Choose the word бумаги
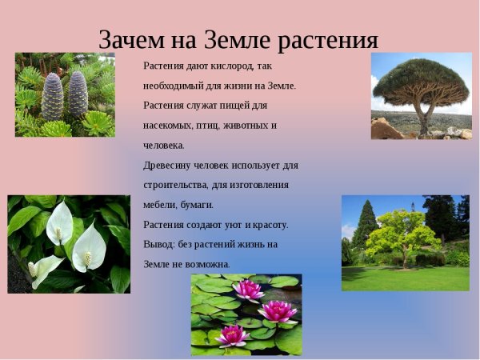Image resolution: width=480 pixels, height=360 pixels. tap(195, 205)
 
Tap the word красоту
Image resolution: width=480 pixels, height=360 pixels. tap(269, 225)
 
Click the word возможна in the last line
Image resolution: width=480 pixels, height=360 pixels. tap(207, 264)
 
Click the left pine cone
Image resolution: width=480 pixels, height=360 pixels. tap(53, 97)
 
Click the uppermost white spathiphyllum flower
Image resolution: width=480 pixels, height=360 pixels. tap(59, 224)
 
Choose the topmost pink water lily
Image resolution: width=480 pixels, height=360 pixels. tap(249, 290)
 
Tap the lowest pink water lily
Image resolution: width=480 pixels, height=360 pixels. tap(232, 335)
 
